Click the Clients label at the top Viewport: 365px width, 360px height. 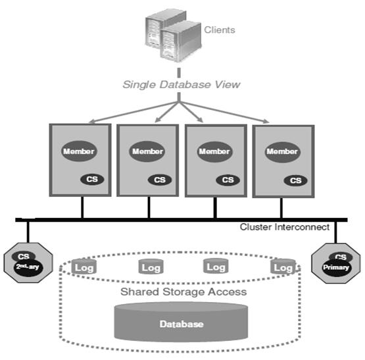click(x=219, y=30)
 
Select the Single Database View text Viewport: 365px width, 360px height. click(x=182, y=85)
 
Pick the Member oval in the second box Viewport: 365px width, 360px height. click(x=147, y=151)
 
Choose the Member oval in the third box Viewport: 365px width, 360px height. click(x=214, y=151)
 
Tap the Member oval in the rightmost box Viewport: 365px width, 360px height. click(x=281, y=151)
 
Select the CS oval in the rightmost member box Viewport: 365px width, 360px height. click(x=297, y=179)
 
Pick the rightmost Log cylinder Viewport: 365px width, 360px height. click(x=283, y=267)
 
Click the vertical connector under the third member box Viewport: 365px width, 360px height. click(x=215, y=207)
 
